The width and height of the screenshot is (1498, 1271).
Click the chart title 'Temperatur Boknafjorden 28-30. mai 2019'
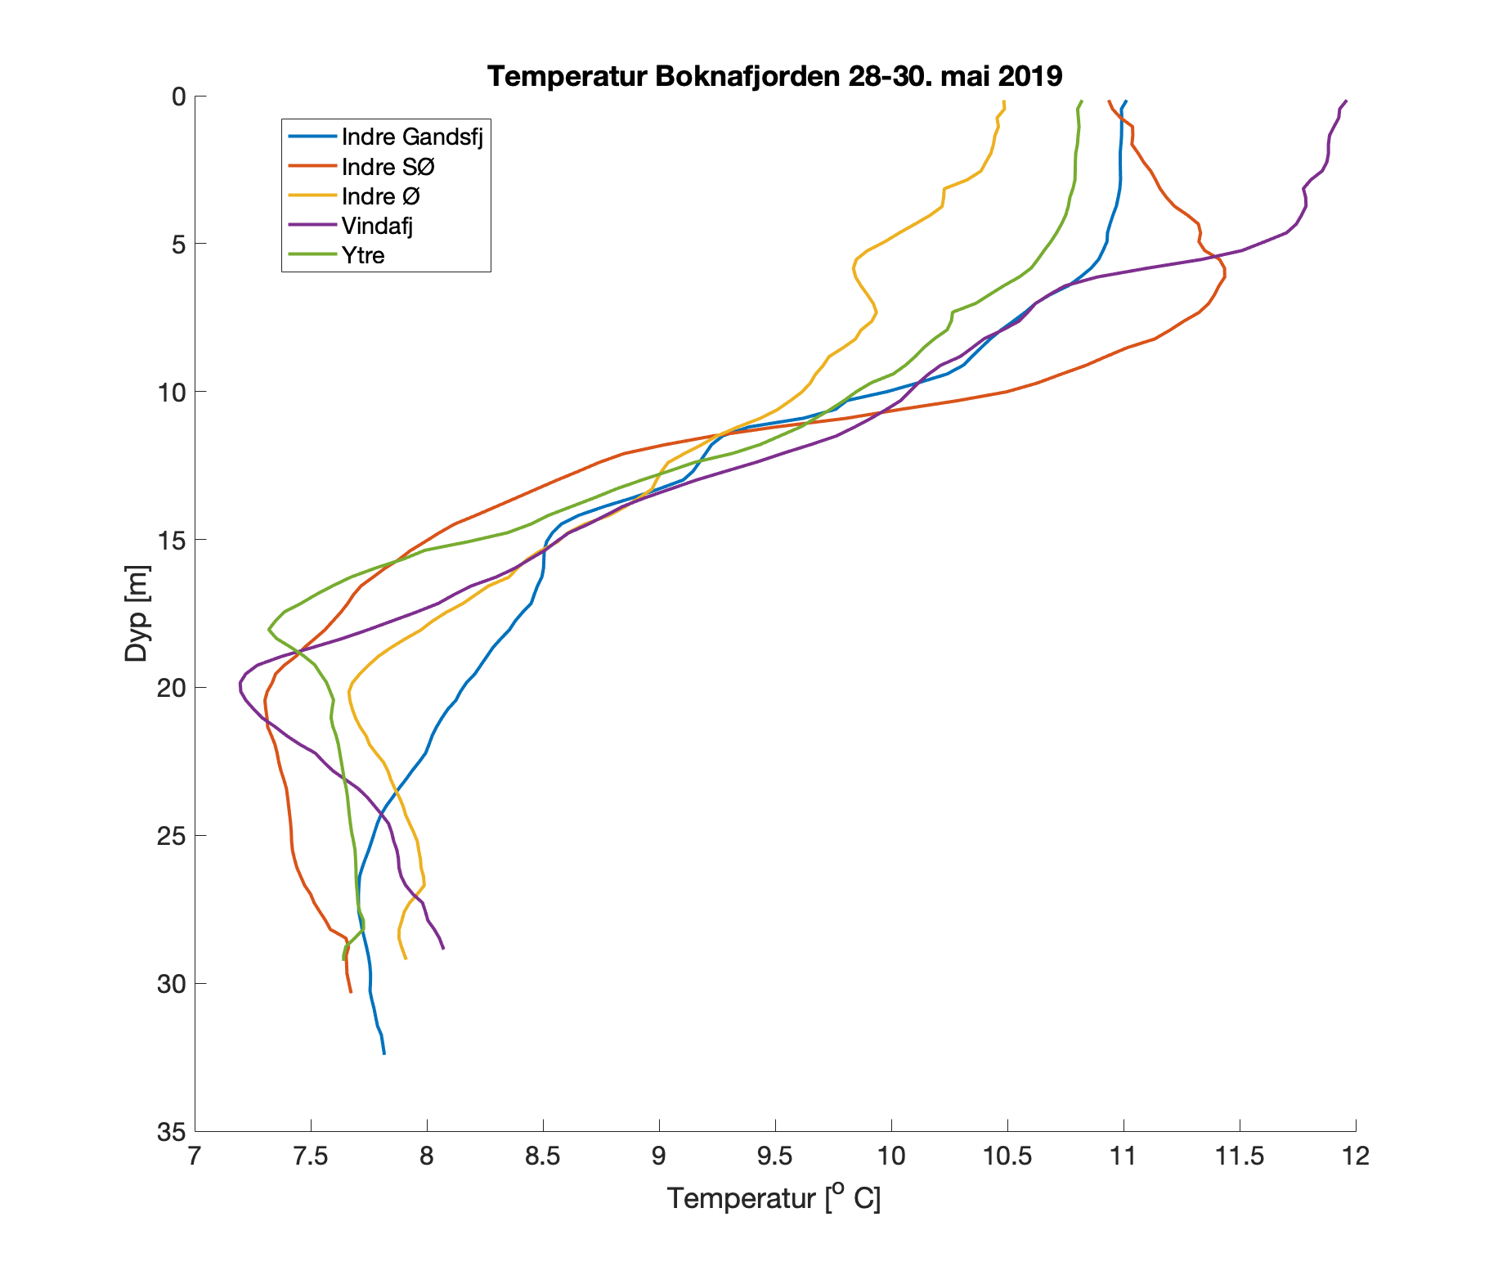tap(774, 76)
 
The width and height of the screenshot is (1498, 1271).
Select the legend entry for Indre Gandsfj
tap(412, 137)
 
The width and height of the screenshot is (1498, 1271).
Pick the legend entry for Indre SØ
tap(388, 167)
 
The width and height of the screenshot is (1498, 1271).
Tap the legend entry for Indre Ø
tap(380, 196)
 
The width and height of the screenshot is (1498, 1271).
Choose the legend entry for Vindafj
tap(377, 226)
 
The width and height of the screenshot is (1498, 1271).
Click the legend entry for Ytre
tap(363, 255)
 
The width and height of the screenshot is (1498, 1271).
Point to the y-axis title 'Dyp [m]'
tap(137, 613)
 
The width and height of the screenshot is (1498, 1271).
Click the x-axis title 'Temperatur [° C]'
tap(774, 1197)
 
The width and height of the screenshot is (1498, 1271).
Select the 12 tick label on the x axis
tap(1356, 1156)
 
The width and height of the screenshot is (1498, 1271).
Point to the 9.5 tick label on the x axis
tap(775, 1156)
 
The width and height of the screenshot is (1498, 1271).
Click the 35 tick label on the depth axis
tap(169, 1132)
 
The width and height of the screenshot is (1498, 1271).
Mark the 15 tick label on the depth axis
tap(169, 540)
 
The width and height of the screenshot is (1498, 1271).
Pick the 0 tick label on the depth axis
tap(177, 97)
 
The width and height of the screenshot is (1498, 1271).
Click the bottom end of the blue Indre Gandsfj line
tap(383, 1053)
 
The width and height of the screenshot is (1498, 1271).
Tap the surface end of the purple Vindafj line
tap(1346, 101)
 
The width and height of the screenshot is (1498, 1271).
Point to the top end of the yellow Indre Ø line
tap(1003, 101)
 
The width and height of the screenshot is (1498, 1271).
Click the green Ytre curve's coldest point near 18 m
tap(268, 629)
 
